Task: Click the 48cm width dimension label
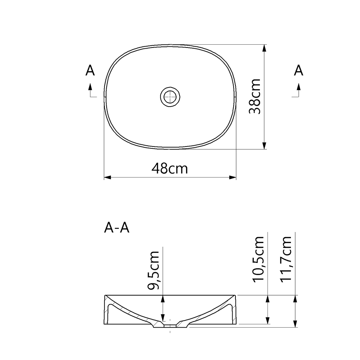tap(170, 168)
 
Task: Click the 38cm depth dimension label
tap(255, 96)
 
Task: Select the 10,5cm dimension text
tap(258, 259)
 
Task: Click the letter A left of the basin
tap(90, 71)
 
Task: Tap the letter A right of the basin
tap(298, 71)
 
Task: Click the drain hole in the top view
tap(170, 96)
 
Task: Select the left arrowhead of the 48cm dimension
tap(107, 177)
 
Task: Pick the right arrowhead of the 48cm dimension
tap(233, 177)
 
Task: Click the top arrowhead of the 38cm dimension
tap(265, 48)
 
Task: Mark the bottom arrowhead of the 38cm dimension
tap(265, 145)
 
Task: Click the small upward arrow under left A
tap(90, 86)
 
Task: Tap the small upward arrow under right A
tap(298, 86)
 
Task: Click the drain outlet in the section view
tap(170, 326)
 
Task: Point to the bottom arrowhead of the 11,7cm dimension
tap(295, 324)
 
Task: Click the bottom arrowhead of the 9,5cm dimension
tap(163, 318)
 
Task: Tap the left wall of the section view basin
tap(107, 310)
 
